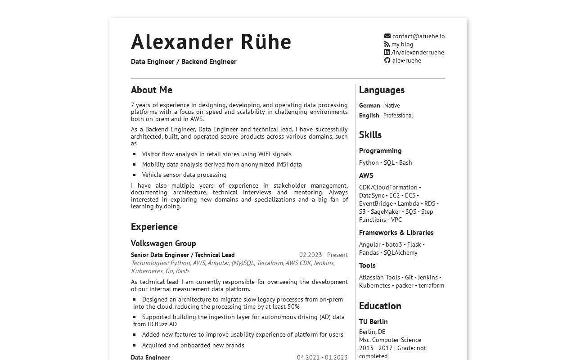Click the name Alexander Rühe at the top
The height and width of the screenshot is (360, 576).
pos(211,41)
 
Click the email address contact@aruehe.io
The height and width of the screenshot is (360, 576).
pos(418,36)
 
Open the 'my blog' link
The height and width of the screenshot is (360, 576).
pos(402,44)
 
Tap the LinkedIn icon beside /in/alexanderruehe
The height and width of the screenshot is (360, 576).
pos(387,52)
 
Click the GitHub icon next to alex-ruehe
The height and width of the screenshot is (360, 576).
pos(387,60)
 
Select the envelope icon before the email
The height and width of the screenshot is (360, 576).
pos(387,36)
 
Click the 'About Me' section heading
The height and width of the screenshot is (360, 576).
pos(152,90)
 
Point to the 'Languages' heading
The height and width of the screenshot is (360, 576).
pos(382,90)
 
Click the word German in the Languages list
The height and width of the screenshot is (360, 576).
pos(369,105)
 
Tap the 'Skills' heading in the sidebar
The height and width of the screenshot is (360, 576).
pos(370,135)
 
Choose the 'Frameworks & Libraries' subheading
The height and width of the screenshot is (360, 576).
pos(396,232)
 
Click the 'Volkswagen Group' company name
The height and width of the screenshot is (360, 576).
pos(163,243)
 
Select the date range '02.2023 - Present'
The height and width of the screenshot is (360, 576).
pos(323,255)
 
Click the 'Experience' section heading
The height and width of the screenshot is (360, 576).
pos(154,226)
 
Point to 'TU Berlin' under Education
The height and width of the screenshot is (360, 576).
pos(373,321)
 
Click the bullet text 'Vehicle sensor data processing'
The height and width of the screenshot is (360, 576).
pos(184,175)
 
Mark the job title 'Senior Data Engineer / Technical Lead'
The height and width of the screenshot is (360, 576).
pos(183,255)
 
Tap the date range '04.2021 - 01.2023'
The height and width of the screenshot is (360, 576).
pos(322,357)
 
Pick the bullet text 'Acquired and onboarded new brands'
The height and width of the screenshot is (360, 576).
pos(193,345)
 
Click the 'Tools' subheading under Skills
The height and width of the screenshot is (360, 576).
pos(367,265)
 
